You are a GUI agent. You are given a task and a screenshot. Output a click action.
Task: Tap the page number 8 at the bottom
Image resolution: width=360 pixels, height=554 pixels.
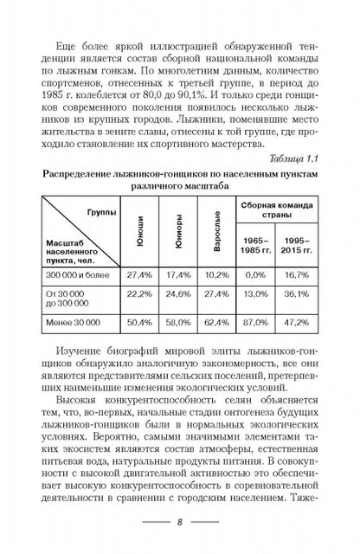point(179,523)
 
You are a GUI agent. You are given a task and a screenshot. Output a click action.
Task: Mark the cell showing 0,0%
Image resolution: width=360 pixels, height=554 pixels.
point(253,274)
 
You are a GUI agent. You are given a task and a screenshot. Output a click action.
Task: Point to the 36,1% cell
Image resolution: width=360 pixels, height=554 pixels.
point(297,299)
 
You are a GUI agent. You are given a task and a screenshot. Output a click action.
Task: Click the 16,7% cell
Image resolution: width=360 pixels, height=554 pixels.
point(297,274)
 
